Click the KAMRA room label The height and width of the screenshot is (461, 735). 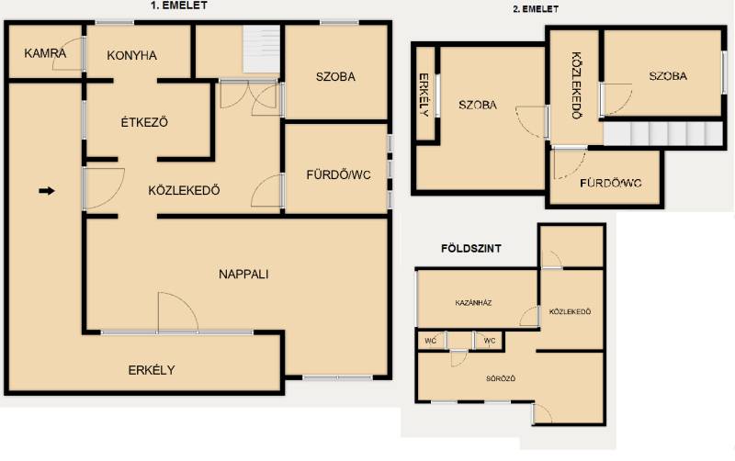click(x=45, y=53)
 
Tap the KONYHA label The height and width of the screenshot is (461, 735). click(x=131, y=55)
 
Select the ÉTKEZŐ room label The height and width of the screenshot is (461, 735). click(x=144, y=122)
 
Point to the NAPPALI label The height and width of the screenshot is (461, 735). click(x=243, y=274)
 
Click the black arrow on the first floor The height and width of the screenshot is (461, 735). click(x=47, y=191)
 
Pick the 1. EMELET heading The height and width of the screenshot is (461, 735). click(x=178, y=6)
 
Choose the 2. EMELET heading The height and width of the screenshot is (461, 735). click(x=536, y=9)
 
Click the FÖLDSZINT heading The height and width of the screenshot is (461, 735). click(x=471, y=248)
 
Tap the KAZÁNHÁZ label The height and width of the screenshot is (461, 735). click(x=473, y=303)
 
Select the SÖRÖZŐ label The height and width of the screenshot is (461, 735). click(x=501, y=378)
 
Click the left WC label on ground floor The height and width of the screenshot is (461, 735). click(x=430, y=341)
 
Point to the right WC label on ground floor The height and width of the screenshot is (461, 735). click(x=490, y=341)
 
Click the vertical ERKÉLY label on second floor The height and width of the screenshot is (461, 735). click(x=424, y=95)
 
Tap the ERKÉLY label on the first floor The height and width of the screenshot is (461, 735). click(x=152, y=370)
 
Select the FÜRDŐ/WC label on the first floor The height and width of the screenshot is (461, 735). click(x=338, y=174)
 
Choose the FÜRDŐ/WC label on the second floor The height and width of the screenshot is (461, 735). click(x=610, y=183)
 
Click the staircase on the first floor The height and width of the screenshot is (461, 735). click(x=261, y=49)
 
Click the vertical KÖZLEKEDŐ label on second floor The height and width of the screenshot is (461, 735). click(x=577, y=85)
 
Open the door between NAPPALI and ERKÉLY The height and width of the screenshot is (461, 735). click(x=177, y=312)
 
